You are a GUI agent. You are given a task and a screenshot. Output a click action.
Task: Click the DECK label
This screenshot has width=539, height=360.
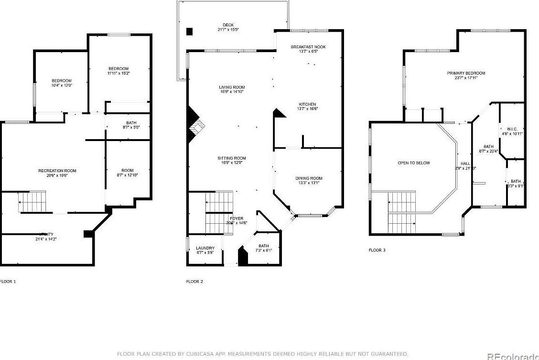(x=228, y=25)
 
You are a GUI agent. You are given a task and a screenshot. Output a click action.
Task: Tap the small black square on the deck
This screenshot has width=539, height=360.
(x=189, y=32)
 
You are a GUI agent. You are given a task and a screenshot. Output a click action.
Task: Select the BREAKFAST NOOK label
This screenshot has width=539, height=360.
(x=308, y=47)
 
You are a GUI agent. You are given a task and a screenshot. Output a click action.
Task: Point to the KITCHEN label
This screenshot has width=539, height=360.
(x=307, y=104)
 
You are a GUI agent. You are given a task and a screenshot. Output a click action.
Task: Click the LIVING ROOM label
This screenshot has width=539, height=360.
(x=231, y=87)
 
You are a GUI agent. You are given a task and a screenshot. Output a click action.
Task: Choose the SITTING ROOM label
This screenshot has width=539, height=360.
(x=232, y=158)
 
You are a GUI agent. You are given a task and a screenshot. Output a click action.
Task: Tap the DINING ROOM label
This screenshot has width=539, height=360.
(x=309, y=178)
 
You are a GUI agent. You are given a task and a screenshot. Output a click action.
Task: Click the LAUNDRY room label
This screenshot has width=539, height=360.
(x=205, y=248)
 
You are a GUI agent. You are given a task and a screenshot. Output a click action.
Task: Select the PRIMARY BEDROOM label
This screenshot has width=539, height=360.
(x=466, y=73)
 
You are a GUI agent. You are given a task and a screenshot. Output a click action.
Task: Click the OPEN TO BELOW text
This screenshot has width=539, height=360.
(x=413, y=163)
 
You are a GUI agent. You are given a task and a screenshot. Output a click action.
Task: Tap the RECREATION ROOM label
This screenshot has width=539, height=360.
(x=57, y=171)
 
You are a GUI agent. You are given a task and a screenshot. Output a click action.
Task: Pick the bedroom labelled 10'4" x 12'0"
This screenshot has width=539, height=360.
(x=62, y=80)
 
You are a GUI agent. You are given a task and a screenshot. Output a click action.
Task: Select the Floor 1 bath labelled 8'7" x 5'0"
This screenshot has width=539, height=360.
(x=127, y=123)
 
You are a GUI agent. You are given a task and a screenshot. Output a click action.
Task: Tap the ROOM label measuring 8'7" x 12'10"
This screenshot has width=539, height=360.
(x=127, y=171)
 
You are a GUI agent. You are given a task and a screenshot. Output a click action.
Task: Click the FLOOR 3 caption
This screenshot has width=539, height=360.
(x=377, y=250)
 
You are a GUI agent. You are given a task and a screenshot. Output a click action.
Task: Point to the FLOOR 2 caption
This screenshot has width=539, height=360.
(x=194, y=282)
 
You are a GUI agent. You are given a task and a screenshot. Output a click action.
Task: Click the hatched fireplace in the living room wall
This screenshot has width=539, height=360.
(x=197, y=128)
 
